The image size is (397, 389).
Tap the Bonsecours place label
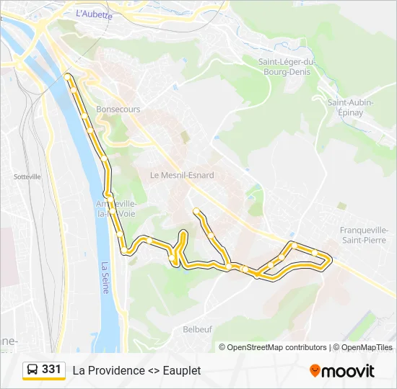(x=118, y=109)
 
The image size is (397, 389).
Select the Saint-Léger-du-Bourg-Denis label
(x=287, y=66)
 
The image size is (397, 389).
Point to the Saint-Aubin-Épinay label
(x=350, y=107)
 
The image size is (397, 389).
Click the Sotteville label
(x=27, y=176)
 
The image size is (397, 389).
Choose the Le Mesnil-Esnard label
(x=182, y=175)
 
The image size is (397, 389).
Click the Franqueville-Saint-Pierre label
(x=364, y=234)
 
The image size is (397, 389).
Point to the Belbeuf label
(x=197, y=328)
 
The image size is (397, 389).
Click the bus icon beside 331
(x=32, y=370)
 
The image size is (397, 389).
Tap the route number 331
(x=51, y=370)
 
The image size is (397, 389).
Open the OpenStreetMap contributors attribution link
(x=277, y=347)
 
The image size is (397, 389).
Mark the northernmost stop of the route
(x=67, y=76)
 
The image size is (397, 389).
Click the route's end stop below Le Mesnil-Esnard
(x=196, y=210)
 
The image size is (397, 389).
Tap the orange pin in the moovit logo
(x=315, y=370)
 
